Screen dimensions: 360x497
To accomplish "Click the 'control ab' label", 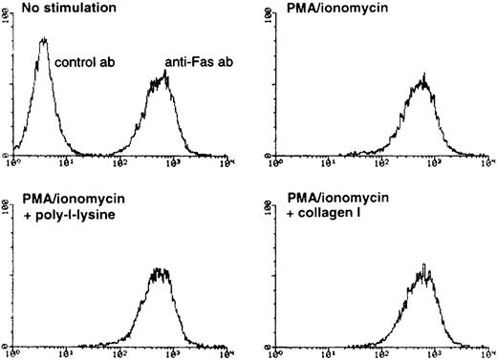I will (x=82, y=64).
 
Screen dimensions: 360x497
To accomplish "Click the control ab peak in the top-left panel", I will (x=44, y=40).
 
